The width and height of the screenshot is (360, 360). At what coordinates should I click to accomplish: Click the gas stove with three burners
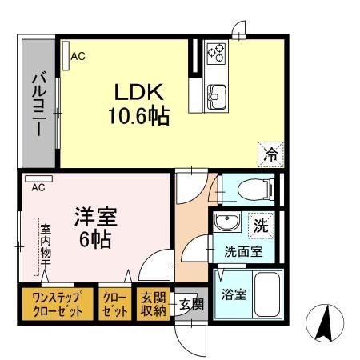(217, 54)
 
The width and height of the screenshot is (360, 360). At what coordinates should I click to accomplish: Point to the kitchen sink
(217, 98)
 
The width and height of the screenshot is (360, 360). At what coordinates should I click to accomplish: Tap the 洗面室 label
(242, 252)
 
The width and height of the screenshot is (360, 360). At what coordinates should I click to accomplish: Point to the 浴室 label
(234, 294)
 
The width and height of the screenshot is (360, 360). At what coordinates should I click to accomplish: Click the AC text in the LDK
(77, 56)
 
